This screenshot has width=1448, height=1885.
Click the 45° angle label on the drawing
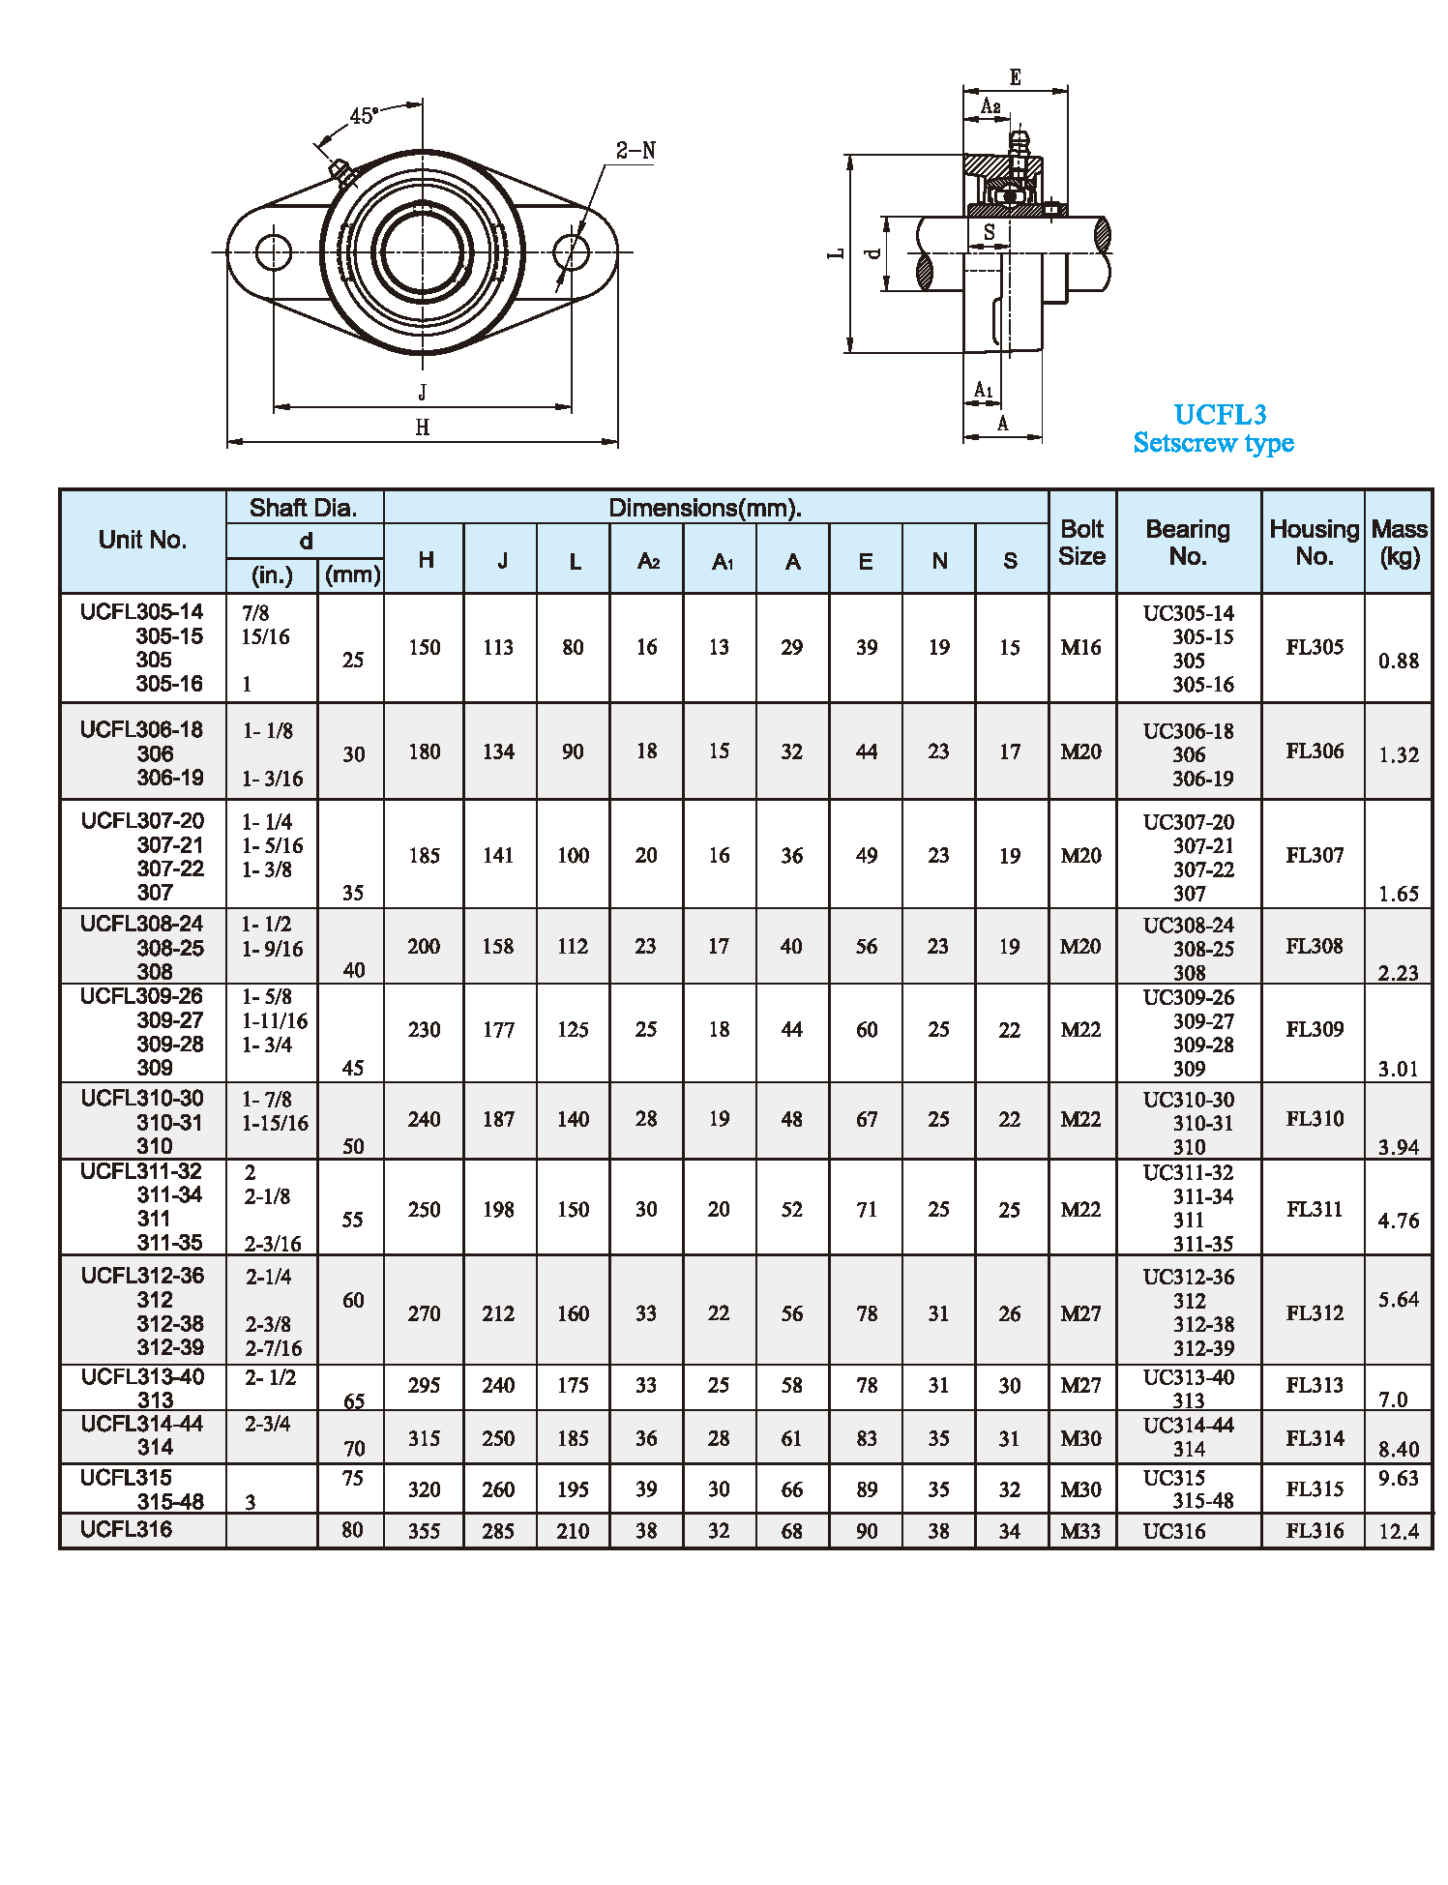click(x=364, y=116)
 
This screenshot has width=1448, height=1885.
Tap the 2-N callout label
click(x=635, y=151)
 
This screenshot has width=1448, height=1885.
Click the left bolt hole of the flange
click(x=274, y=252)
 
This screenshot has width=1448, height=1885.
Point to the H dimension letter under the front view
click(x=423, y=427)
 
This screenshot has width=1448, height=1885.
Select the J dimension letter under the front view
click(x=423, y=392)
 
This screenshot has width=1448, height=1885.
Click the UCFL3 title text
click(x=1220, y=415)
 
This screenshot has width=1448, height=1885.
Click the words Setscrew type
click(x=1213, y=443)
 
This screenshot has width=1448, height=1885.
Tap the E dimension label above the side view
click(x=1015, y=77)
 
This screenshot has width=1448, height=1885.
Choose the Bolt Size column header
click(x=1081, y=543)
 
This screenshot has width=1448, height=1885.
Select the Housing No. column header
click(x=1314, y=543)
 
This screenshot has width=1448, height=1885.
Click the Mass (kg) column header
click(x=1399, y=543)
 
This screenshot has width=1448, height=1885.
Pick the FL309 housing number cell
click(x=1314, y=1029)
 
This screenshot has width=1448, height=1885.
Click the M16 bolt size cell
click(x=1080, y=648)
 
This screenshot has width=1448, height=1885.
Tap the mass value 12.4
click(x=1399, y=1531)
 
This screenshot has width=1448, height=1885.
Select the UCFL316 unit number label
click(x=126, y=1529)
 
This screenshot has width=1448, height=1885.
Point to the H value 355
click(x=424, y=1531)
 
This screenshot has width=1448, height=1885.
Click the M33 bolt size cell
click(x=1080, y=1531)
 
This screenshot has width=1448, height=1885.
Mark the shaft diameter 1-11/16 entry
click(x=275, y=1020)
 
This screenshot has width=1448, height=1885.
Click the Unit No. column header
click(x=142, y=540)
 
